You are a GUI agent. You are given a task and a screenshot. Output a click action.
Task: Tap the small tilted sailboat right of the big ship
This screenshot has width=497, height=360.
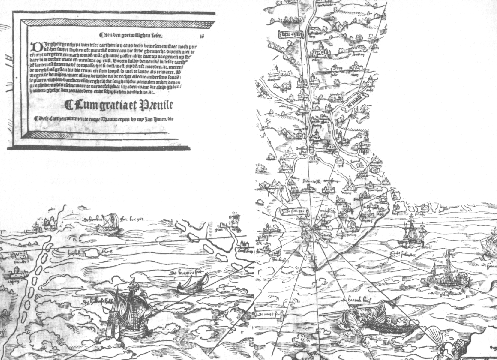(x=186, y=288)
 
